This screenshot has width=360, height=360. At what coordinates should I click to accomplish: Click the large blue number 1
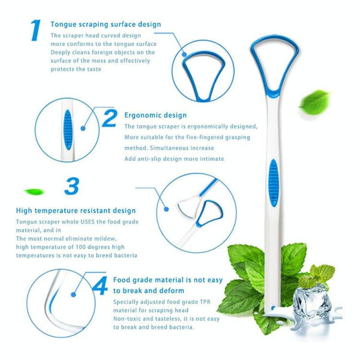pos(35,31)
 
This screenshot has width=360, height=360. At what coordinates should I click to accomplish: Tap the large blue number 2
pos(110,118)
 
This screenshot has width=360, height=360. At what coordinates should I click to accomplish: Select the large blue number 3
pos(71,186)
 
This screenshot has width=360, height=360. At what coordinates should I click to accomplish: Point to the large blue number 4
pos(100,286)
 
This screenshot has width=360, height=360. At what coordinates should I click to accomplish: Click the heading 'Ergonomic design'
pos(155,115)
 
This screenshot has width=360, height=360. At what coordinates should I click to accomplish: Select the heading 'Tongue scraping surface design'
pos(106,25)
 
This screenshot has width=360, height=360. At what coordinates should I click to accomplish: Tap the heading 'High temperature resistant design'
pos(76,211)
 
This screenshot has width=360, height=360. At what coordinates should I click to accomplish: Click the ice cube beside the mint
pos(312,300)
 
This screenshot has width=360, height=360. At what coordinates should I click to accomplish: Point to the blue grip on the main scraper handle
pos(273,182)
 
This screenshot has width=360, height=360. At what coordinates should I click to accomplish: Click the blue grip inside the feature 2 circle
pos(68,129)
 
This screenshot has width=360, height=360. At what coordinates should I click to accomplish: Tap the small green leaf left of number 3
pos(34,191)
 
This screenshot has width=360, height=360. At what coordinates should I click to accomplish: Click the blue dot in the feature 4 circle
pos(73,295)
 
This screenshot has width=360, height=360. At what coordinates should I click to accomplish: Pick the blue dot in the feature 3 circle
pos(167,209)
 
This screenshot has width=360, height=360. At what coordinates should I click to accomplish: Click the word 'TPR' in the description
pos(205,302)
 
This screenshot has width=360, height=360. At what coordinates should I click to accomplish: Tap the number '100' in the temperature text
pos(77,247)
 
